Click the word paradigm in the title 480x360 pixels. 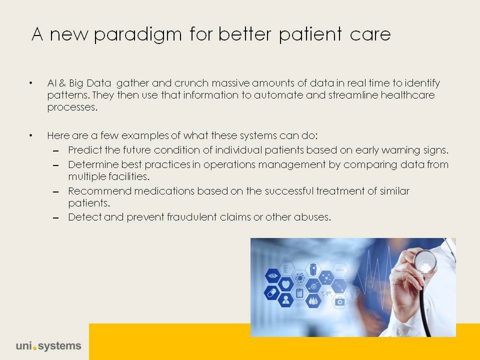click(138, 34)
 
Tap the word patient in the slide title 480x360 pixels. click(310, 34)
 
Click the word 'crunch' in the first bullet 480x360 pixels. click(191, 83)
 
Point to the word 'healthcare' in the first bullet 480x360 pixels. click(408, 95)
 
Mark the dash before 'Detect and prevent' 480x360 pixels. click(55, 218)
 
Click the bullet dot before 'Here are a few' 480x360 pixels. click(31, 135)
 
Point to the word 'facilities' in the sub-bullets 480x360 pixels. click(129, 176)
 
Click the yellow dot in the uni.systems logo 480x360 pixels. click(34, 348)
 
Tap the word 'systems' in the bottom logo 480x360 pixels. click(59, 346)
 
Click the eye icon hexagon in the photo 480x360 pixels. click(273, 276)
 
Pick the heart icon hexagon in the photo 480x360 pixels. click(285, 284)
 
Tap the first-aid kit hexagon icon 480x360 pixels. click(340, 301)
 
